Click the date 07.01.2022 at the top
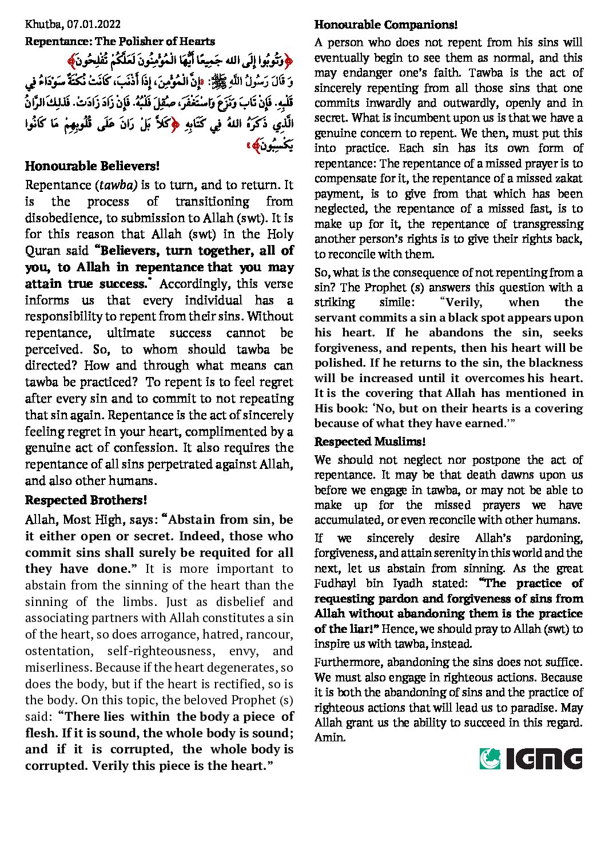94,24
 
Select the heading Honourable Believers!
92,166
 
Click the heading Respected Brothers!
86,500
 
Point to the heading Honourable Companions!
386,25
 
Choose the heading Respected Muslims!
370,441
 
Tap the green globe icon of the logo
490,758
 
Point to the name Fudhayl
335,583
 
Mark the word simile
395,302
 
